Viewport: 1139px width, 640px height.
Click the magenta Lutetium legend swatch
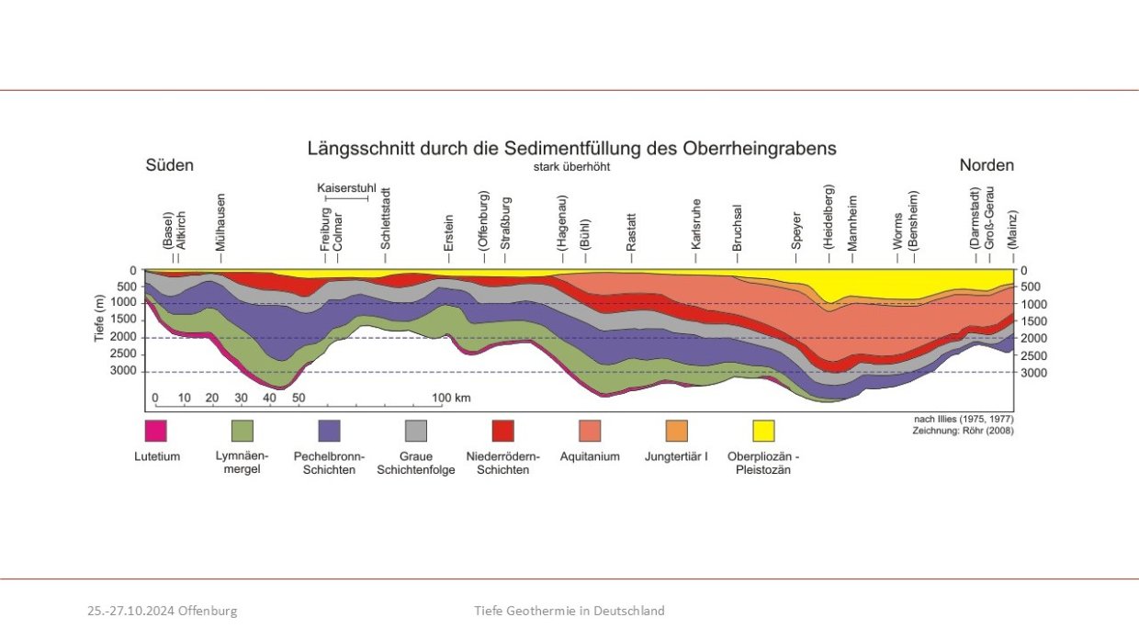point(157,431)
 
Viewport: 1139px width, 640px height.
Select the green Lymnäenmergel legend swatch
point(242,431)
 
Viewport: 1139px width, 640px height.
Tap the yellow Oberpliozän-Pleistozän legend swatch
point(763,431)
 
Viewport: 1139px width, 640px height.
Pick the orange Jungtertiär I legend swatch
point(677,431)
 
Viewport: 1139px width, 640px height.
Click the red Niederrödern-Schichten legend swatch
point(502,431)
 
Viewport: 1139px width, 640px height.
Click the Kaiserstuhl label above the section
point(346,187)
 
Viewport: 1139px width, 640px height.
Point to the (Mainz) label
point(1012,229)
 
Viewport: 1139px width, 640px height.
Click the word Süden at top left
point(169,165)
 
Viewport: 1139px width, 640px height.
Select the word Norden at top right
point(987,165)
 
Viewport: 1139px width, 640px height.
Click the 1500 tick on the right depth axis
point(1033,321)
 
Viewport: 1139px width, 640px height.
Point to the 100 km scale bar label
point(451,398)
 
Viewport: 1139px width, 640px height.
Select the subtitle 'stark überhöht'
point(571,167)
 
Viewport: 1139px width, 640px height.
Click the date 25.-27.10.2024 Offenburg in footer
point(163,611)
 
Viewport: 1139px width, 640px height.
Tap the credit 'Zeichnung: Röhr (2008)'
point(964,430)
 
